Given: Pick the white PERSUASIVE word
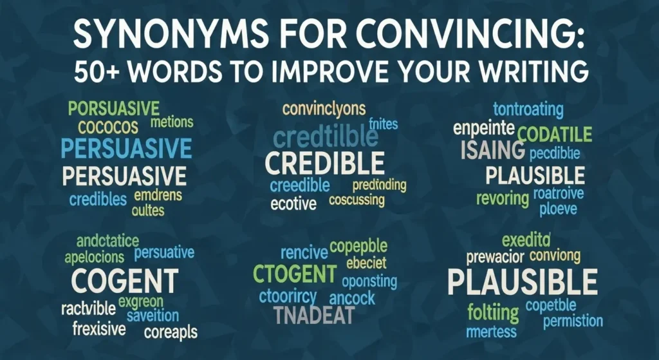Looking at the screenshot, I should tap(125, 176).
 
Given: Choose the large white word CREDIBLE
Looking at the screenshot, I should tap(325, 163).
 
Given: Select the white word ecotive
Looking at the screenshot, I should tap(293, 205).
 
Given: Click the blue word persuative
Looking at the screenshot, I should tap(164, 252).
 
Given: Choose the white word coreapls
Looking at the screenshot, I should tap(171, 333).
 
